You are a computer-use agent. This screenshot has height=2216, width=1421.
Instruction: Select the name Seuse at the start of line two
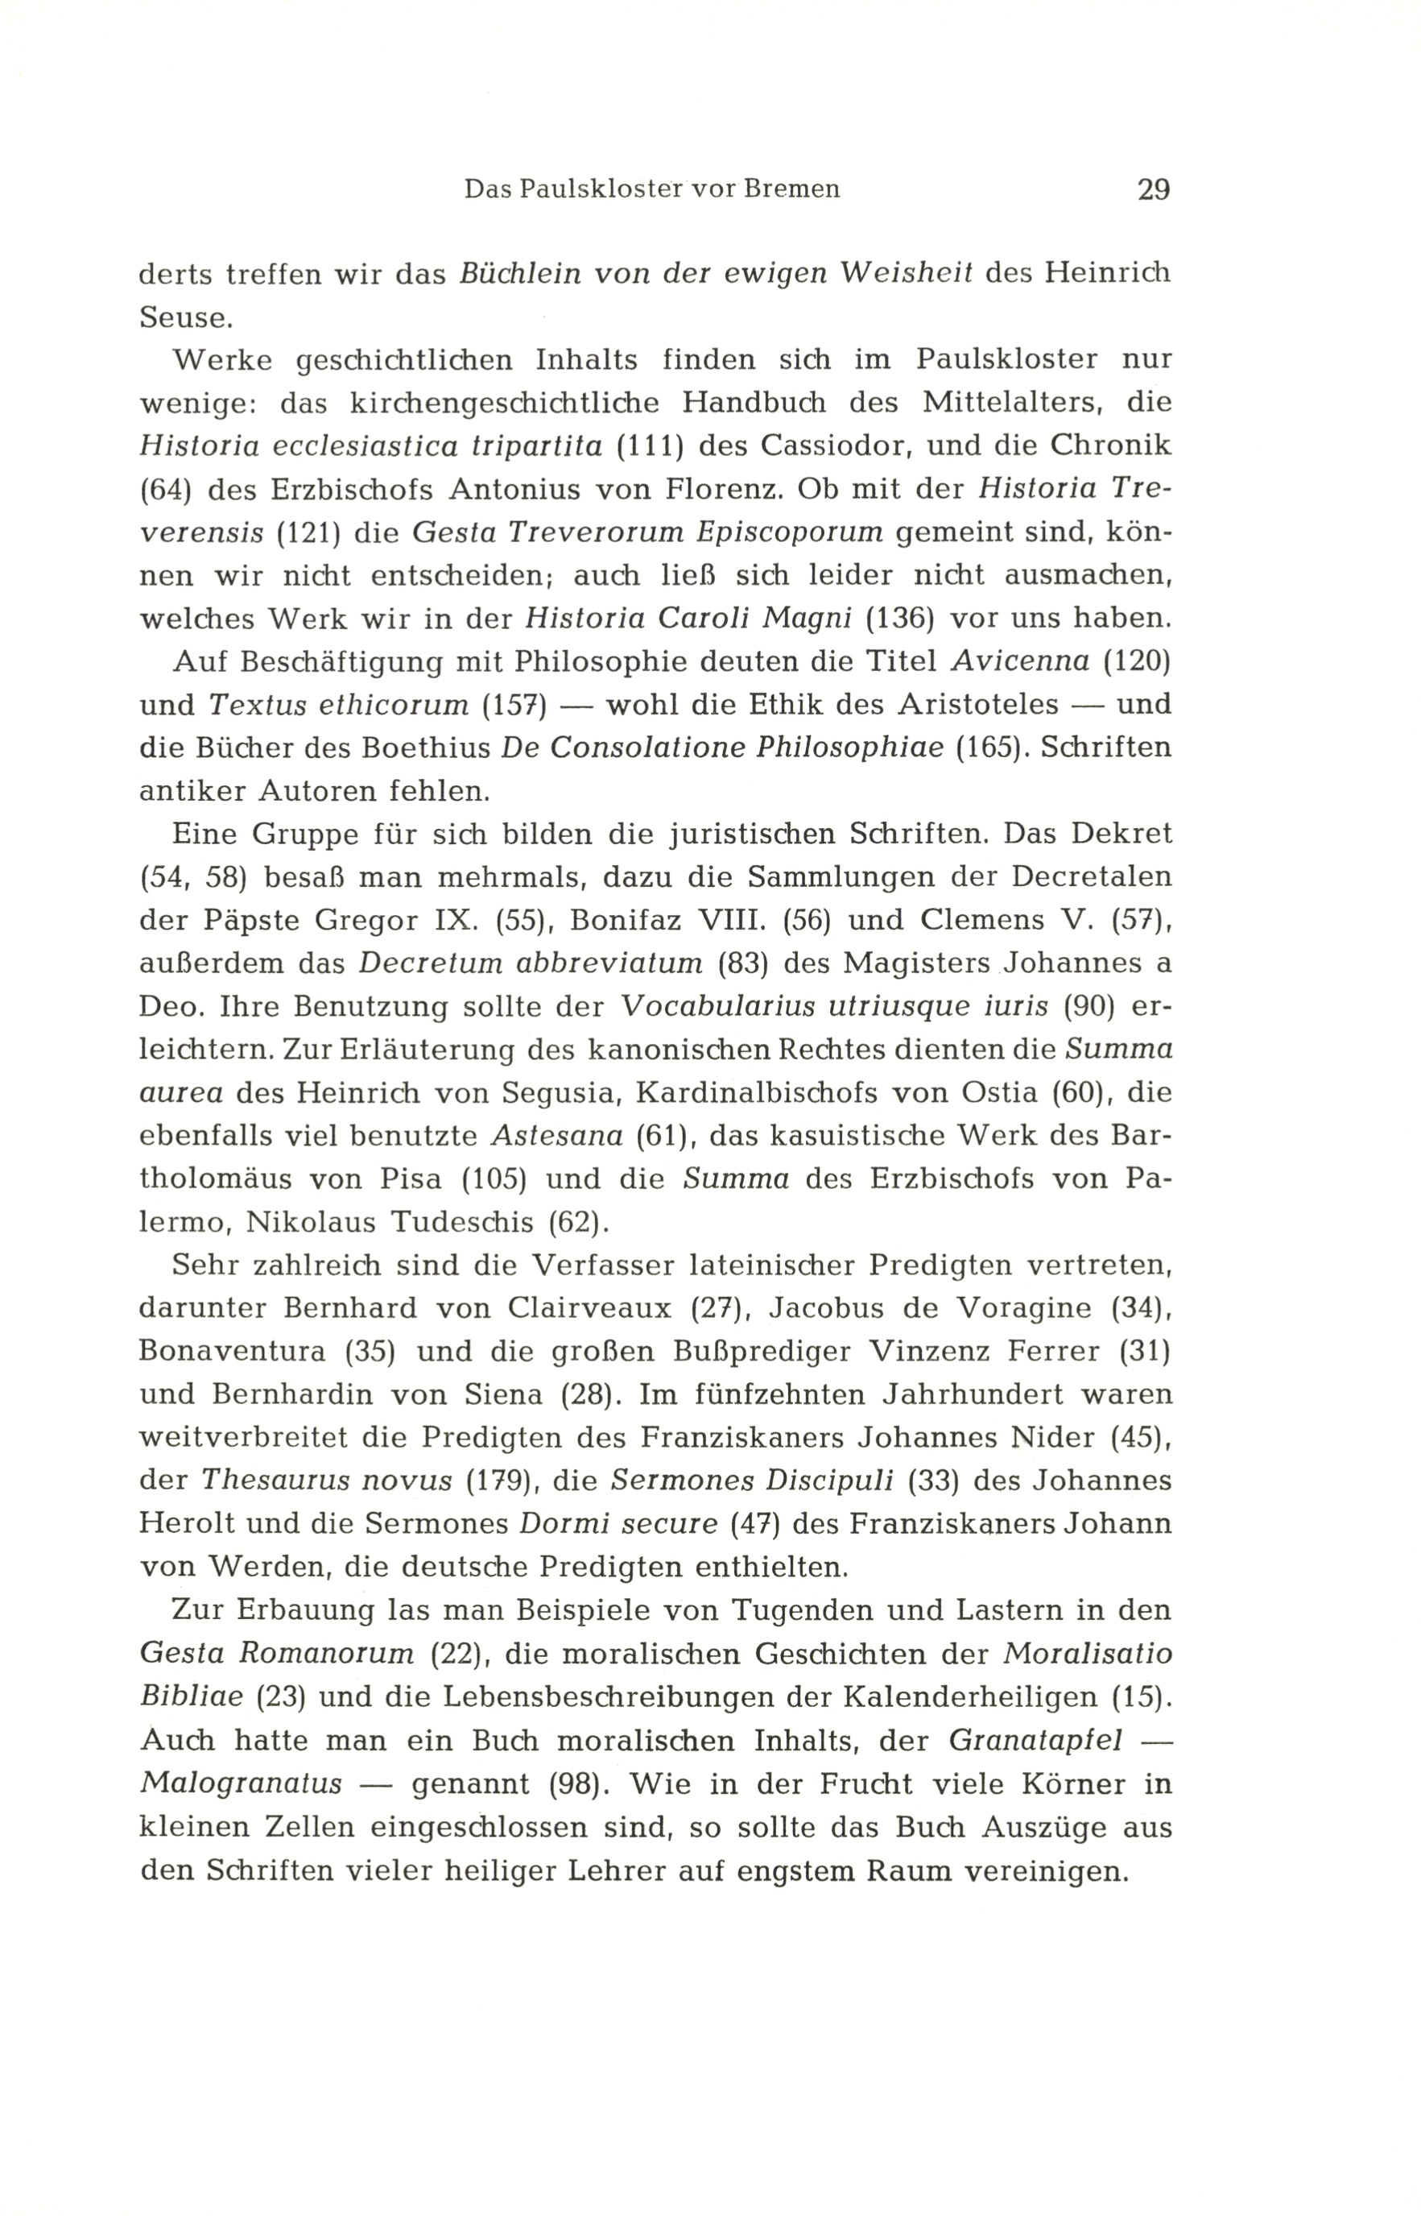click(x=182, y=317)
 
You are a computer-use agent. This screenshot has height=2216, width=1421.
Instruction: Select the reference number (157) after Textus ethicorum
click(x=515, y=705)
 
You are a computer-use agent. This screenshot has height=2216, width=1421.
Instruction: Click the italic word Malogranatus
click(x=241, y=1783)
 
